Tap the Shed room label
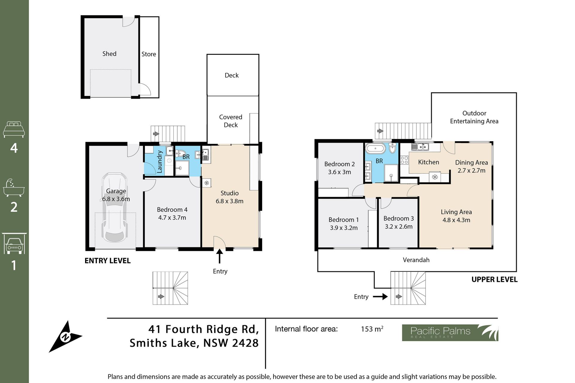[x=109, y=54]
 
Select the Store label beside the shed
[x=149, y=54]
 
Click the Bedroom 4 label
[x=172, y=209]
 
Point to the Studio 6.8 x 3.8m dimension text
[x=229, y=201]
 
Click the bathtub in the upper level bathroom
[x=375, y=148]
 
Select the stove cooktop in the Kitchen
[x=404, y=160]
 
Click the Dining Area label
[x=471, y=162]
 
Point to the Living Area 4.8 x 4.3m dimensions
[x=456, y=220]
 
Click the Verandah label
[x=416, y=260]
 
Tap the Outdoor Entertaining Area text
[x=474, y=117]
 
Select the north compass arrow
[x=65, y=337]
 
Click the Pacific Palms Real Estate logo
[x=450, y=333]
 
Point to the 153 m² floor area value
[x=372, y=329]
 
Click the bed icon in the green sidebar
[x=14, y=129]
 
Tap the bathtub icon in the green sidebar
[x=14, y=188]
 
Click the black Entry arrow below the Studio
[x=220, y=256]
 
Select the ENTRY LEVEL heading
[x=108, y=261]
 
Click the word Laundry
[x=160, y=162]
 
